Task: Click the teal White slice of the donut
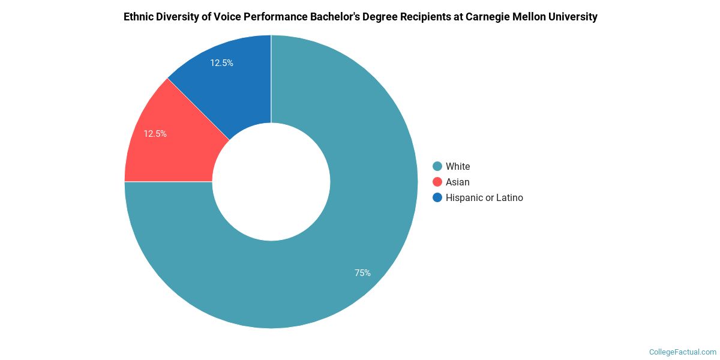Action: pyautogui.click(x=336, y=252)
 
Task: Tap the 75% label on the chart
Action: pyautogui.click(x=362, y=273)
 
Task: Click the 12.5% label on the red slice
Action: pyautogui.click(x=155, y=134)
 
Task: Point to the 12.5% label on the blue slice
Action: pyautogui.click(x=221, y=62)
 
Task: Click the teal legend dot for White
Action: pyautogui.click(x=437, y=166)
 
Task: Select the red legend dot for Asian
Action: pyautogui.click(x=437, y=182)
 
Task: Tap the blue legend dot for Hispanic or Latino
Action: pyautogui.click(x=437, y=197)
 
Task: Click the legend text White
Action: pyautogui.click(x=458, y=166)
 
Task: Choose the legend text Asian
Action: pyautogui.click(x=458, y=182)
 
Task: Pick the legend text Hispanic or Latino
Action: pyautogui.click(x=484, y=197)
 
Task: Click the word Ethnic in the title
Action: pyautogui.click(x=139, y=17)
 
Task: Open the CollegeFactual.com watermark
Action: pyautogui.click(x=683, y=352)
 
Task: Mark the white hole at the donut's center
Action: pyautogui.click(x=271, y=182)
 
